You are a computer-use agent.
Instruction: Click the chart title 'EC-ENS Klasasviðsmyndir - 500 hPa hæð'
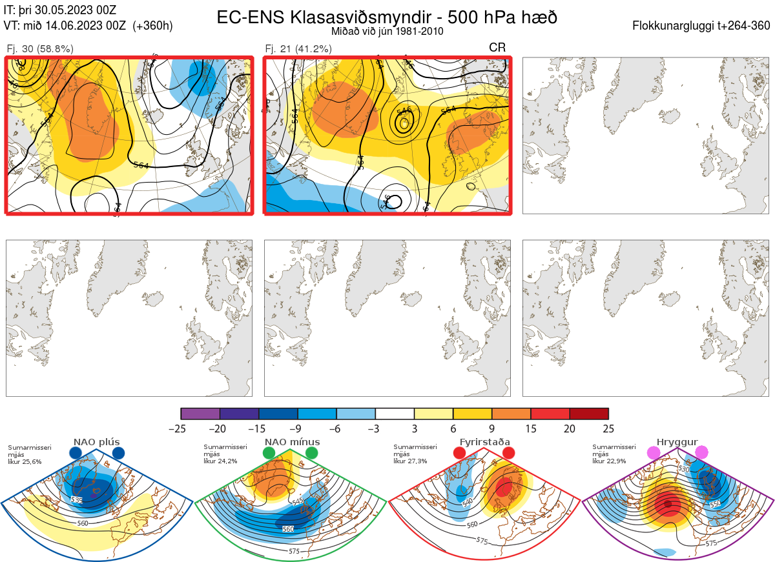pyautogui.click(x=387, y=17)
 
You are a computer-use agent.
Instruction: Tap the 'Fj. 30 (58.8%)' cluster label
pyautogui.click(x=39, y=48)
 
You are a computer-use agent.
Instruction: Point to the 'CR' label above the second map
pyautogui.click(x=497, y=48)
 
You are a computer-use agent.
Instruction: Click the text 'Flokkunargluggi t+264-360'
pyautogui.click(x=702, y=26)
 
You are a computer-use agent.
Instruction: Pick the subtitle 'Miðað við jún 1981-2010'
pyautogui.click(x=387, y=31)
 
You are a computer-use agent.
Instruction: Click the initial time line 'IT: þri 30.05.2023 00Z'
pyautogui.click(x=60, y=10)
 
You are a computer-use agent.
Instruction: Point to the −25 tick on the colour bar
pyautogui.click(x=181, y=428)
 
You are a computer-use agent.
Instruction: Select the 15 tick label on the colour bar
pyautogui.click(x=531, y=428)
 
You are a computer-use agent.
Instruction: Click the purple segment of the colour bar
pyautogui.click(x=200, y=414)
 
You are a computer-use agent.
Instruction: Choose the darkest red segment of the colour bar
pyautogui.click(x=589, y=414)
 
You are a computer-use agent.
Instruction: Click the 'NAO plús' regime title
pyautogui.click(x=96, y=442)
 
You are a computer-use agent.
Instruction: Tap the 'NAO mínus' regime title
pyautogui.click(x=292, y=442)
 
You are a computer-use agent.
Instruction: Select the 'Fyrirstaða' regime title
pyautogui.click(x=484, y=442)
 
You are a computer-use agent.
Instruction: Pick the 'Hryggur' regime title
pyautogui.click(x=677, y=442)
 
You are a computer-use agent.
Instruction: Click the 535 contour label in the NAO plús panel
pyautogui.click(x=76, y=500)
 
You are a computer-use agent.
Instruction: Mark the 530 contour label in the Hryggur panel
pyautogui.click(x=682, y=469)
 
